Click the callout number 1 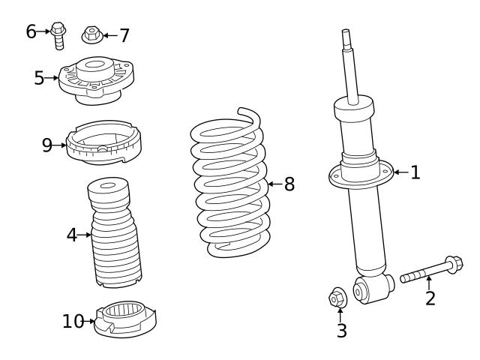click(x=415, y=173)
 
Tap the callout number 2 click(x=430, y=298)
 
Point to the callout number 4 click(x=72, y=235)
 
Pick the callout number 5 click(x=39, y=77)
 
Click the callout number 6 click(x=31, y=31)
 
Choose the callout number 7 click(x=124, y=34)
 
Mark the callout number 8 click(x=289, y=184)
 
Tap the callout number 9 click(x=47, y=145)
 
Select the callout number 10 click(x=73, y=321)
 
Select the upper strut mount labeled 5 click(x=95, y=80)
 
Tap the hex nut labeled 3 click(x=337, y=298)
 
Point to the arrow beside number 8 click(x=275, y=184)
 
